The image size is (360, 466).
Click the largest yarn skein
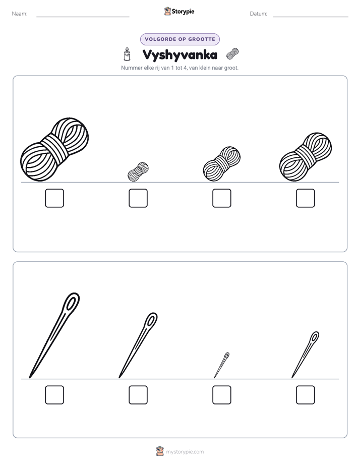pyautogui.click(x=54, y=149)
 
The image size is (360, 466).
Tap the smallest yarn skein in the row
pyautogui.click(x=138, y=172)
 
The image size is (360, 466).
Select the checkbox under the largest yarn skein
pyautogui.click(x=54, y=198)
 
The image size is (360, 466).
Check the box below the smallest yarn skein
pyautogui.click(x=138, y=198)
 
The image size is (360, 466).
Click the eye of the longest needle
pyautogui.click(x=71, y=303)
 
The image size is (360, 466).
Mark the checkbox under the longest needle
pyautogui.click(x=54, y=395)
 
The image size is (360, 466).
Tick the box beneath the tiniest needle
pyautogui.click(x=222, y=395)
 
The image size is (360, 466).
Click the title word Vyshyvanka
pyautogui.click(x=179, y=55)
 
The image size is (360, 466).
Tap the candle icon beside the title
pyautogui.click(x=127, y=54)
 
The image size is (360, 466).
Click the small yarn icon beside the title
pyautogui.click(x=232, y=54)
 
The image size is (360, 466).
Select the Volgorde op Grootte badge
pyautogui.click(x=180, y=39)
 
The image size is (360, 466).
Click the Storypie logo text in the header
pyautogui.click(x=183, y=12)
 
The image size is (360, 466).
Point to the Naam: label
pyautogui.click(x=20, y=14)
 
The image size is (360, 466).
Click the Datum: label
pyautogui.click(x=259, y=14)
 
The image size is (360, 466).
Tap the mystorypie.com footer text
pyautogui.click(x=185, y=452)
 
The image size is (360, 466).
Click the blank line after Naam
pyautogui.click(x=83, y=17)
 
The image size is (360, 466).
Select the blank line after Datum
pyautogui.click(x=311, y=17)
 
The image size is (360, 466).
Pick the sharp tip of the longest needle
pyautogui.click(x=30, y=378)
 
